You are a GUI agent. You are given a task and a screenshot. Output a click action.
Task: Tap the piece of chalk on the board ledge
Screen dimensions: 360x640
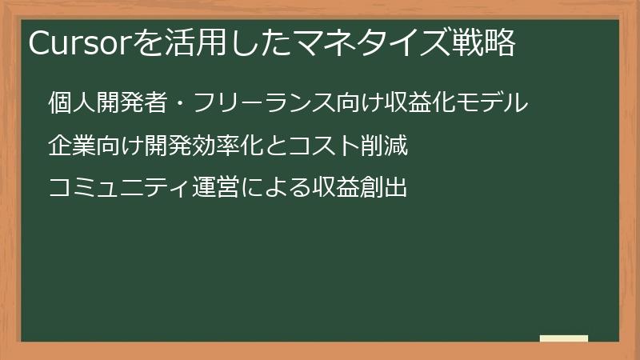pyautogui.click(x=564, y=339)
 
